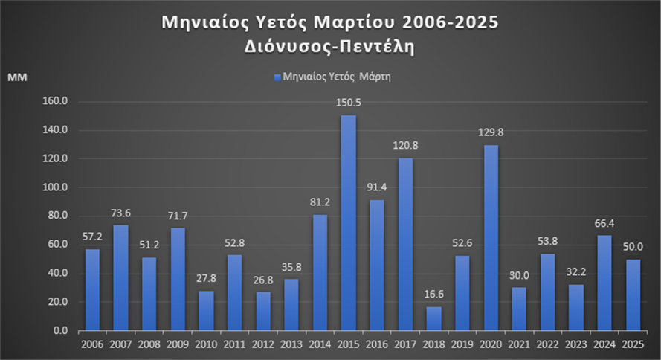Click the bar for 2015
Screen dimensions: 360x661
click(348, 222)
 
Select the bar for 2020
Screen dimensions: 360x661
click(491, 237)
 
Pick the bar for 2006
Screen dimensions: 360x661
click(92, 289)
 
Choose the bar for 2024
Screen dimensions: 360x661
click(604, 283)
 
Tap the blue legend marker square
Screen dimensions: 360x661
click(277, 77)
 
